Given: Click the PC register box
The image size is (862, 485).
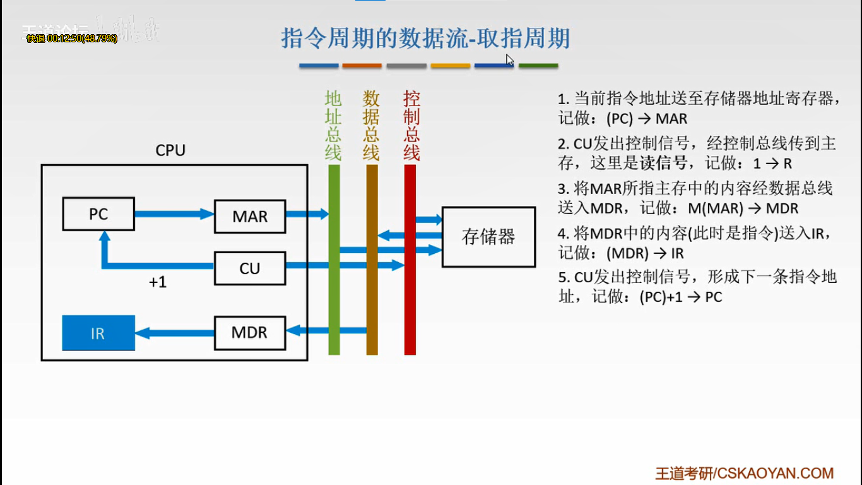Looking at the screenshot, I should click(98, 214).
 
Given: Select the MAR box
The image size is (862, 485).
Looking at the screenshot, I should click(250, 217).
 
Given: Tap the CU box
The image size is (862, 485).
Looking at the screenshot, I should click(250, 268).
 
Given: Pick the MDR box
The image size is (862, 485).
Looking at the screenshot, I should click(250, 333).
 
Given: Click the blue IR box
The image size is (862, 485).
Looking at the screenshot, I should click(98, 333).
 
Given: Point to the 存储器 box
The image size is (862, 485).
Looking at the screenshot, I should click(488, 237).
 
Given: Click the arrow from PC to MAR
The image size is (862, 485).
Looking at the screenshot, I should click(174, 214).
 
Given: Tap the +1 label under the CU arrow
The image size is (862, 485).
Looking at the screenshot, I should click(158, 282).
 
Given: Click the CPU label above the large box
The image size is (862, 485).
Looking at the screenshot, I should click(170, 151).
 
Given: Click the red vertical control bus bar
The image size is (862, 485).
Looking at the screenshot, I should click(410, 303).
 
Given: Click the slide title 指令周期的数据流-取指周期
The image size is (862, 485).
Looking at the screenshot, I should click(425, 39).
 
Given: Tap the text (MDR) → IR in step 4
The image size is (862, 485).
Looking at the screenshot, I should click(645, 253).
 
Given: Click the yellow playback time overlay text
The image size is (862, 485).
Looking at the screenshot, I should click(72, 39).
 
